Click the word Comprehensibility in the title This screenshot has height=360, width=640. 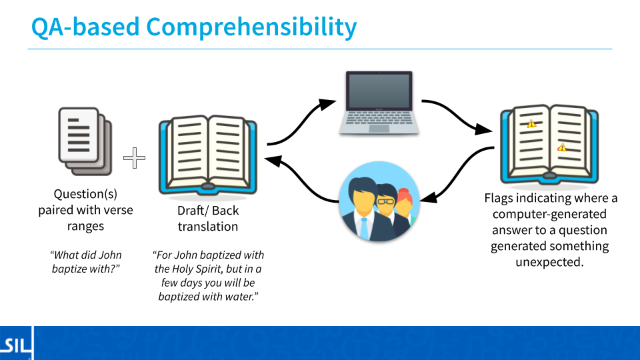click(251, 27)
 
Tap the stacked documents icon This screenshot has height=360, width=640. click(85, 141)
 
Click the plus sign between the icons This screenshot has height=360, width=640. click(134, 158)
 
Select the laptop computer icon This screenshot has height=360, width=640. click(379, 103)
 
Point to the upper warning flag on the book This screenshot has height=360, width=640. click(531, 123)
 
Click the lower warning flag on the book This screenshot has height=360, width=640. click(562, 147)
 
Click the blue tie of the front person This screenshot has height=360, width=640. click(363, 229)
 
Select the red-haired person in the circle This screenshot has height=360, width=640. click(404, 208)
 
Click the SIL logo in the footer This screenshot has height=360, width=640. click(15, 345)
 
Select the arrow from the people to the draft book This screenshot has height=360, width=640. click(301, 179)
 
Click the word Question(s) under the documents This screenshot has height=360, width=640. click(85, 194)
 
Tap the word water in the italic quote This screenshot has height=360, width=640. click(239, 297)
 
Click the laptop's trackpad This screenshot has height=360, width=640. click(379, 129)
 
